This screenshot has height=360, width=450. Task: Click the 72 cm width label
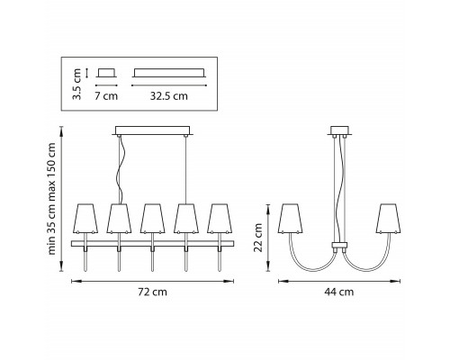click(152, 292)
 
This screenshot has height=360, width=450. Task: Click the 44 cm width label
click(339, 292)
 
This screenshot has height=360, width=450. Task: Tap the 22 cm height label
click(258, 238)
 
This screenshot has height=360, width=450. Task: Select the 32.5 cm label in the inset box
click(169, 96)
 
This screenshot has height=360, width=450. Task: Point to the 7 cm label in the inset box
click(106, 96)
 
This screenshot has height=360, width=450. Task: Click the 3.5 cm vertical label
click(77, 84)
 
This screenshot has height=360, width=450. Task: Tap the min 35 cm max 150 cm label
click(51, 199)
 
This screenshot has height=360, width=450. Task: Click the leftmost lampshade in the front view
click(85, 219)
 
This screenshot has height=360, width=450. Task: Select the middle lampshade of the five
click(153, 219)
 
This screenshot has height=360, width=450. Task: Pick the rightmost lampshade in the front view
click(220, 219)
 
